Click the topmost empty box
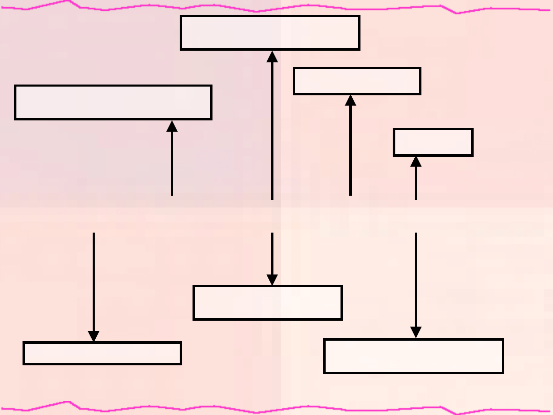click(x=270, y=33)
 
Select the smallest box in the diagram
click(x=433, y=142)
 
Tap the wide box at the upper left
click(x=113, y=102)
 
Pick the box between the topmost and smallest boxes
click(x=357, y=81)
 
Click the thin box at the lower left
click(x=102, y=353)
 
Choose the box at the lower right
click(x=413, y=356)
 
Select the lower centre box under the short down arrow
click(x=267, y=303)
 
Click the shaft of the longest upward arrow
click(x=272, y=128)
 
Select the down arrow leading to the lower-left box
click(x=94, y=282)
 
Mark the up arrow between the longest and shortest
click(x=351, y=149)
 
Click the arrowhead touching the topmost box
click(x=272, y=56)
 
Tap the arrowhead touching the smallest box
click(x=416, y=161)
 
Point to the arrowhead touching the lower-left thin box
click(x=94, y=336)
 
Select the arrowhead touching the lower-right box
click(x=416, y=333)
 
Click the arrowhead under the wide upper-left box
click(x=172, y=126)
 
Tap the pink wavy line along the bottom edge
click(x=276, y=408)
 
